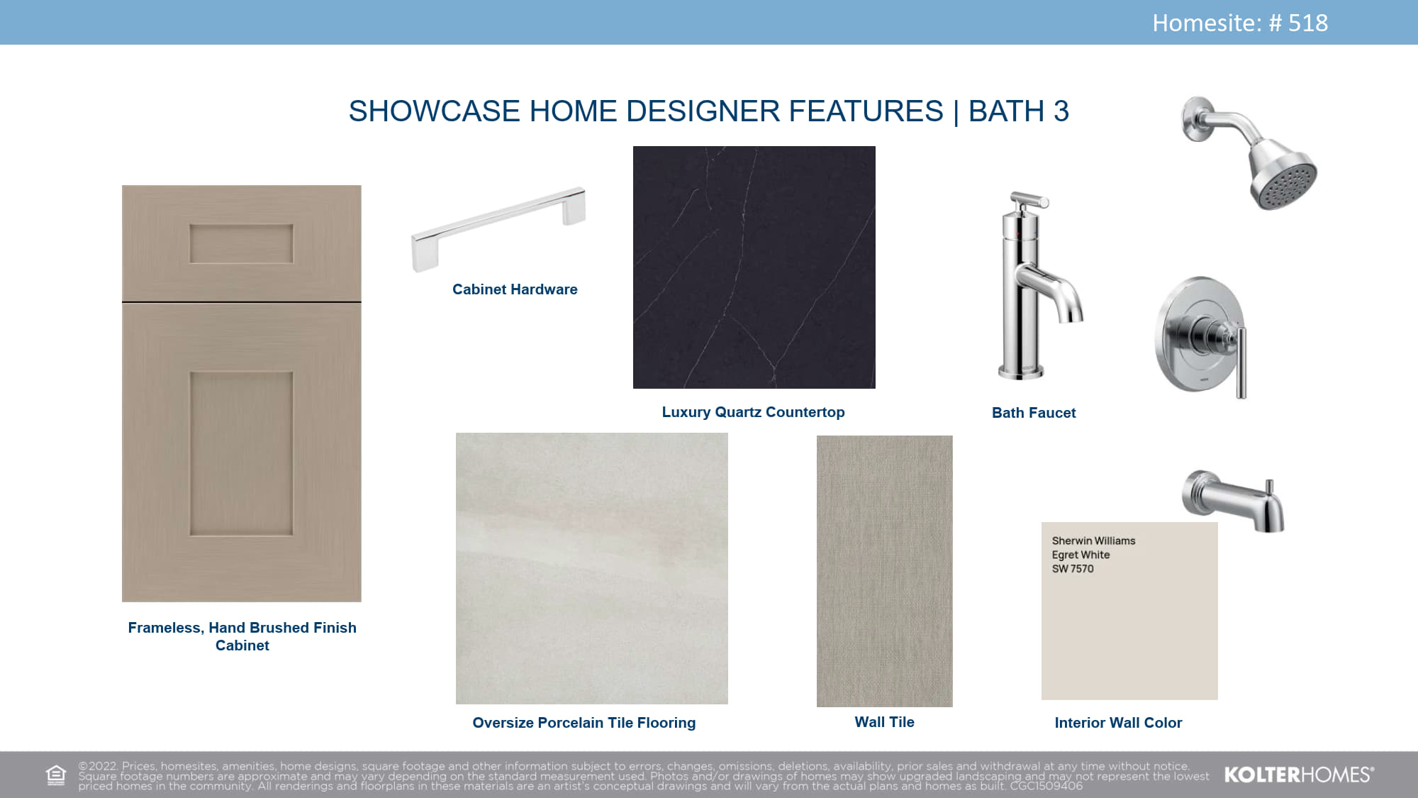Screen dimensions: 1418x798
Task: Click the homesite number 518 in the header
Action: click(1307, 23)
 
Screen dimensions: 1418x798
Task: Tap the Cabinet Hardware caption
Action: click(515, 289)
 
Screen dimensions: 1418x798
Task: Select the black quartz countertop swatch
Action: click(754, 267)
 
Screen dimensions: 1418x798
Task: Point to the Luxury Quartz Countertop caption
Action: click(753, 412)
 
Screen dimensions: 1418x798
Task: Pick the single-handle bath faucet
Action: click(1039, 285)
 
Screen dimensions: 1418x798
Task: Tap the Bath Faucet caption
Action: click(1034, 413)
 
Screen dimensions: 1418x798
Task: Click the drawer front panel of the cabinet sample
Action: click(241, 243)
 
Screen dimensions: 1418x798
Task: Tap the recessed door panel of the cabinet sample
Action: click(241, 453)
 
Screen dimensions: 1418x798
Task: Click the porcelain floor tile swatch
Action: click(592, 568)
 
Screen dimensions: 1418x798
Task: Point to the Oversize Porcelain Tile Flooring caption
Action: click(584, 723)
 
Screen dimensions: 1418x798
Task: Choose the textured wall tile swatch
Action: click(885, 571)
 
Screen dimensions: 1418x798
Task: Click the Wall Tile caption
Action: click(885, 722)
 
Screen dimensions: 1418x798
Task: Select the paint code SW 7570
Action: click(1073, 569)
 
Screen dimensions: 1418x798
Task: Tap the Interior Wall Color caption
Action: click(1118, 723)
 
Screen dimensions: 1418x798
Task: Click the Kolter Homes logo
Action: click(1299, 775)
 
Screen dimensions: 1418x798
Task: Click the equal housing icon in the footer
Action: click(55, 775)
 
